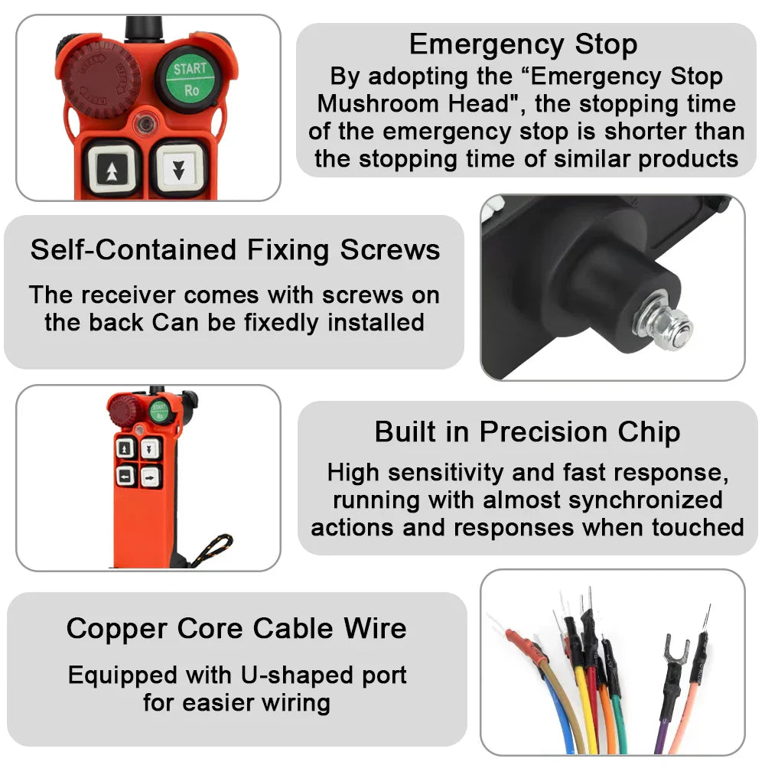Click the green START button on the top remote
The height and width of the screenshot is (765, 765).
tap(189, 78)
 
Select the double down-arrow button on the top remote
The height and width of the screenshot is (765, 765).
tap(178, 168)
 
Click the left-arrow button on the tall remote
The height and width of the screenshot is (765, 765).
tap(126, 477)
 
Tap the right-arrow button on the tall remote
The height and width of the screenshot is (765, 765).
tap(151, 477)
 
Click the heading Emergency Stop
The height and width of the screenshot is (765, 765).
tap(523, 44)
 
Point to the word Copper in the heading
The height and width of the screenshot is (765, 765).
tap(117, 629)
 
